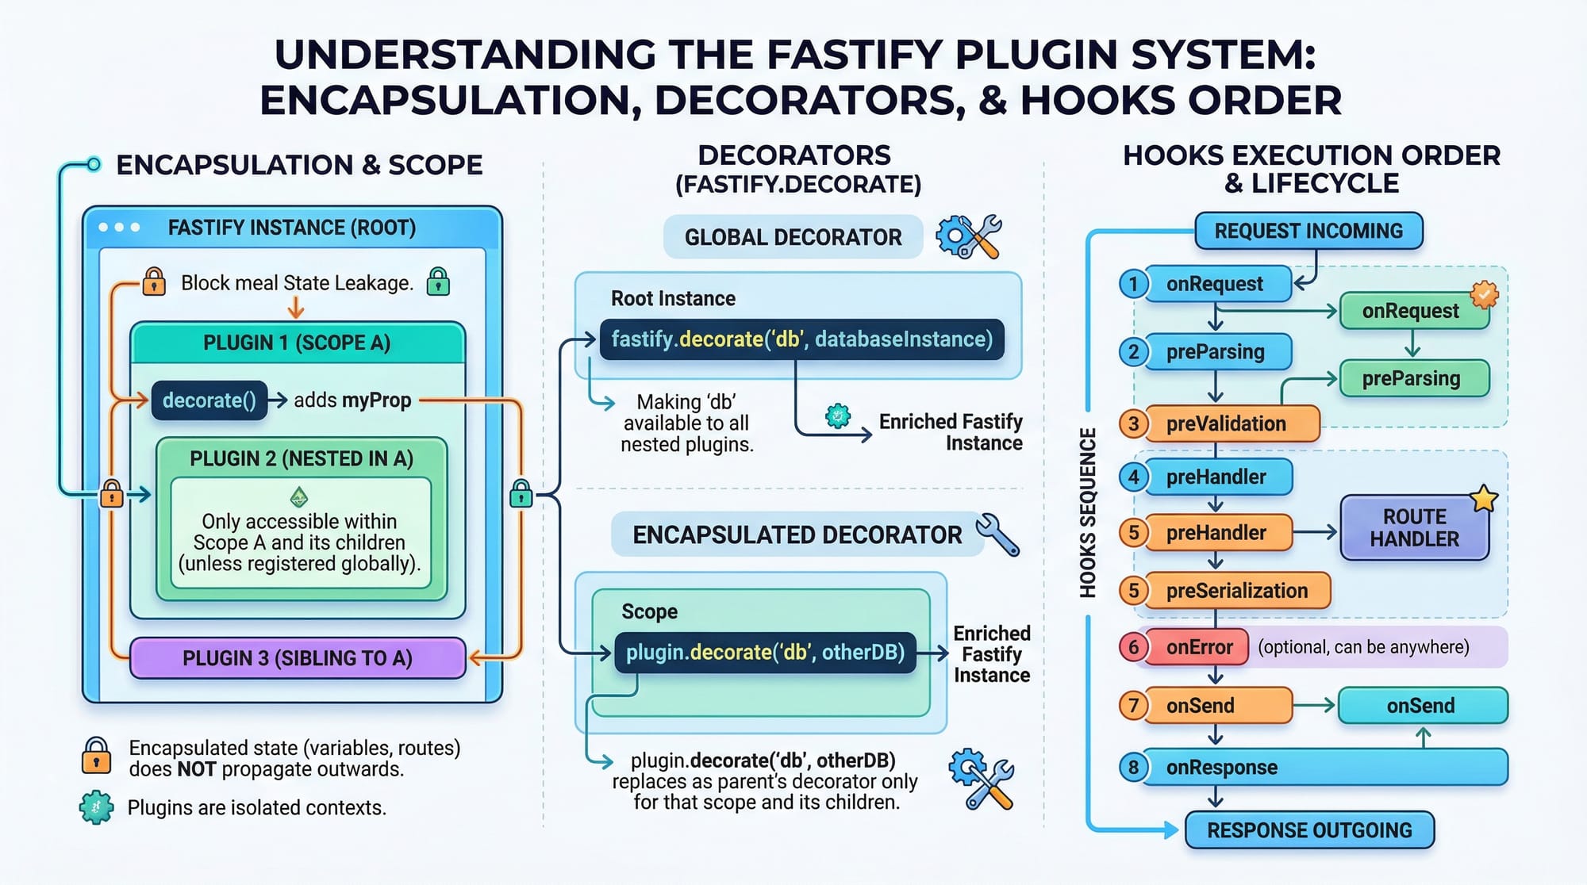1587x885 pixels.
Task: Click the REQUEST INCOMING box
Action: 1308,231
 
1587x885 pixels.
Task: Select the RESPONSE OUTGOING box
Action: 1309,830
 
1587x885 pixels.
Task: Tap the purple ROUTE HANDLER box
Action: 1414,528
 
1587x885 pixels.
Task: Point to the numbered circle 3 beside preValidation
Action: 1133,423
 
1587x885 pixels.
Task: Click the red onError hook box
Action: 1199,647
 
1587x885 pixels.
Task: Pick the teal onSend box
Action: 1421,706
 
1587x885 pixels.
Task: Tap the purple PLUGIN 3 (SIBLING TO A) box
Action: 298,658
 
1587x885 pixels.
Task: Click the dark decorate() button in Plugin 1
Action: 209,400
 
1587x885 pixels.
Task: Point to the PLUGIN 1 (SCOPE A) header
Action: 297,343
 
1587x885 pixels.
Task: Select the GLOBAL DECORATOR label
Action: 793,237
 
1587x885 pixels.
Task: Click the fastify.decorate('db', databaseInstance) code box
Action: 801,339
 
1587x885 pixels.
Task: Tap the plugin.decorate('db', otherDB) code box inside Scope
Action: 765,653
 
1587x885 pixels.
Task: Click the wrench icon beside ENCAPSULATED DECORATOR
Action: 997,534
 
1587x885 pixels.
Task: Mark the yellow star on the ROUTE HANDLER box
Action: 1484,499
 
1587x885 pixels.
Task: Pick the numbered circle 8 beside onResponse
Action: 1133,768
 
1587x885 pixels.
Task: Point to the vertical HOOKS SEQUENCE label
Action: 1088,512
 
